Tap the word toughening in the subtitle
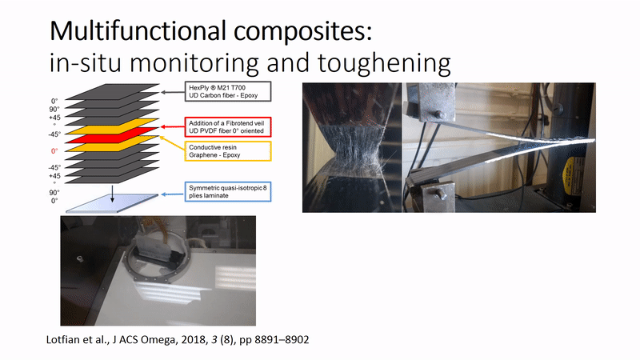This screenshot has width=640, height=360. [x=379, y=64]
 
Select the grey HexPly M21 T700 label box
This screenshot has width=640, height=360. [x=226, y=91]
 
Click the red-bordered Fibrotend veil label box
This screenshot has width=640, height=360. [x=226, y=126]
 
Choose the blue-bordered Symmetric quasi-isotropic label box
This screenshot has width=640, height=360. [x=226, y=191]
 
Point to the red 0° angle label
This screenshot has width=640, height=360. [x=54, y=150]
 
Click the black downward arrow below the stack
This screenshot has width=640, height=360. [x=113, y=188]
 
